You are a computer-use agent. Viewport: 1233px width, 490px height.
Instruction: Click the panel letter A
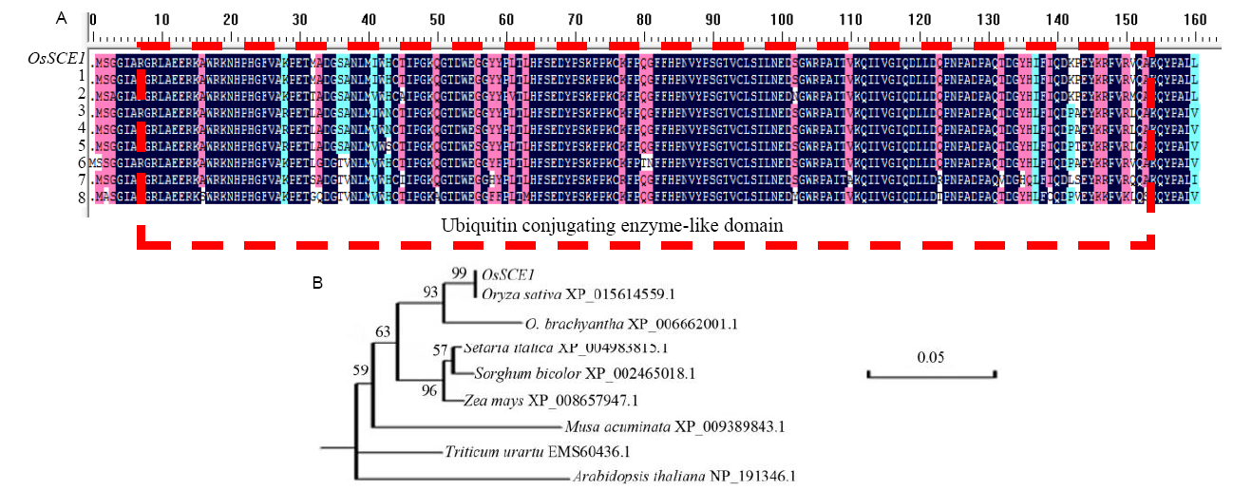coord(62,18)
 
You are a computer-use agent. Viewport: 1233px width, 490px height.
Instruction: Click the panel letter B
coord(320,282)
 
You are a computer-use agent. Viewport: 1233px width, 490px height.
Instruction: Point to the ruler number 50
coord(436,19)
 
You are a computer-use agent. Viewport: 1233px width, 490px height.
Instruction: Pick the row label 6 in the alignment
coord(81,162)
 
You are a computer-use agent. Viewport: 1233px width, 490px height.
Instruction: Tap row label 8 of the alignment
coord(81,197)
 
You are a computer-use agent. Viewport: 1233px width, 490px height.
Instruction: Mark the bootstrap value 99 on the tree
coord(461,273)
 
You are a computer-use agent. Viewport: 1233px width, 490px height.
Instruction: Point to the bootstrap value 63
coord(381,332)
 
